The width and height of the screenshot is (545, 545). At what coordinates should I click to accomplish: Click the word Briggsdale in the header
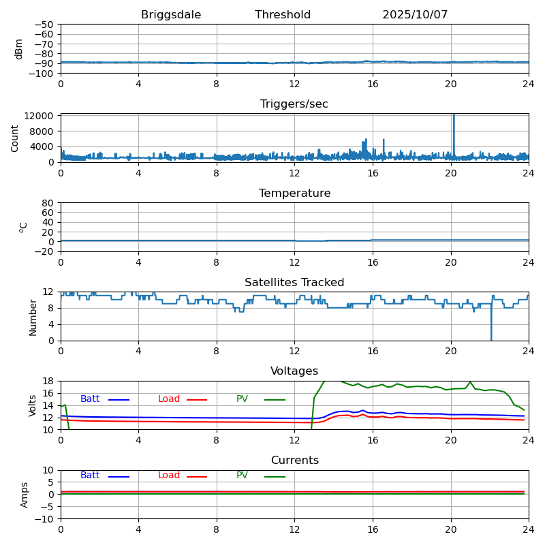(x=171, y=15)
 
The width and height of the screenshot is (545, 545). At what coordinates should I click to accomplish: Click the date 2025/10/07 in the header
(x=415, y=15)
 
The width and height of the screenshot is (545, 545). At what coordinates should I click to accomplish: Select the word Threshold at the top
(x=283, y=15)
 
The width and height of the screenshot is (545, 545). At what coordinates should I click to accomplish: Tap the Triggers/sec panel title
(x=294, y=104)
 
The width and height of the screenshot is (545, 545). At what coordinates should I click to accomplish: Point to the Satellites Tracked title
(x=294, y=283)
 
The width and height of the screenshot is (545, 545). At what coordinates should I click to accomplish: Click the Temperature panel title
(x=294, y=193)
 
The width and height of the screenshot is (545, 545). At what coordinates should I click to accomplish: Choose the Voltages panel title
(x=294, y=371)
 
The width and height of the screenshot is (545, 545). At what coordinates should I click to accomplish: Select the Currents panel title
(x=294, y=461)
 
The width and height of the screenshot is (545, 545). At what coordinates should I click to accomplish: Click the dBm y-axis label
(x=19, y=48)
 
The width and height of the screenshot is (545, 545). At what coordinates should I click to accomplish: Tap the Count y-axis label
(x=15, y=138)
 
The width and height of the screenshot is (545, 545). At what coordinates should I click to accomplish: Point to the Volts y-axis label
(x=33, y=405)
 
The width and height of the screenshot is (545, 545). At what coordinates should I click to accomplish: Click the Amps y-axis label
(x=25, y=495)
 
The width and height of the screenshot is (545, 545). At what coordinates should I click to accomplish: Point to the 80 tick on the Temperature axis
(x=48, y=203)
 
